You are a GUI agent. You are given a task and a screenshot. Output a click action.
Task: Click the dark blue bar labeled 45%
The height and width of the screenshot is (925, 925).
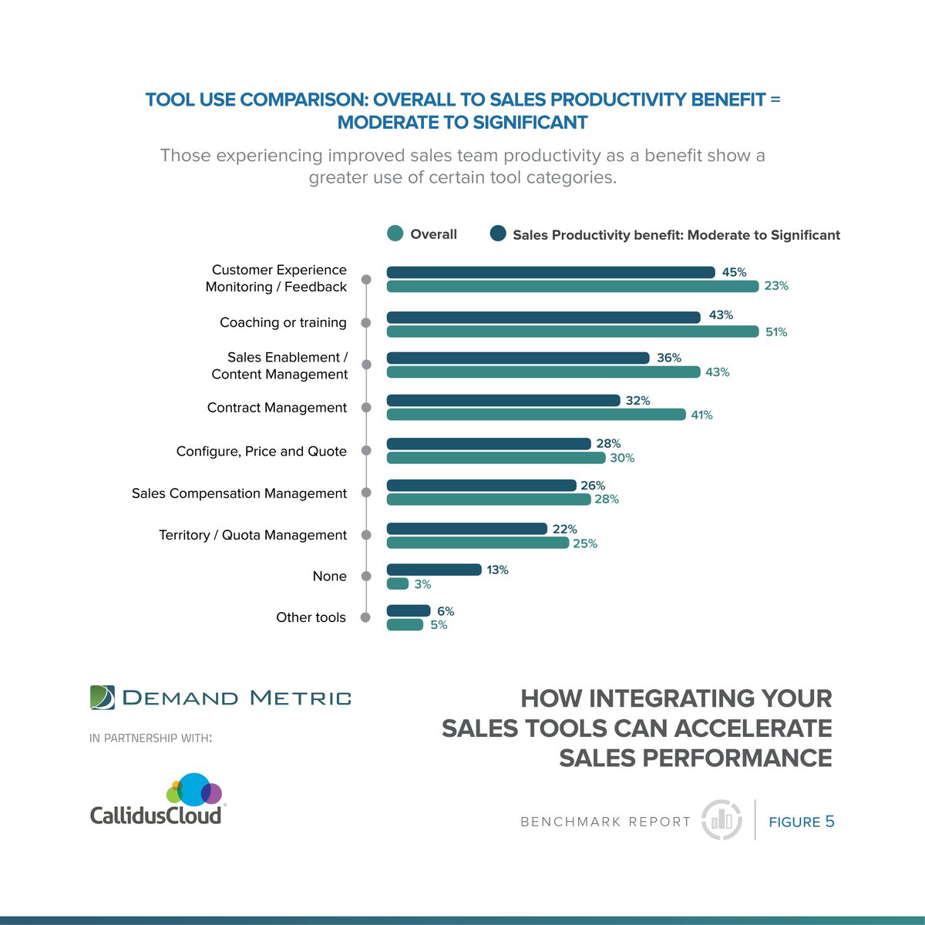pyautogui.click(x=550, y=272)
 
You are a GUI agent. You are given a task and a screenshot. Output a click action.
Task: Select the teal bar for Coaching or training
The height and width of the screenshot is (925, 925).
pyautogui.click(x=572, y=331)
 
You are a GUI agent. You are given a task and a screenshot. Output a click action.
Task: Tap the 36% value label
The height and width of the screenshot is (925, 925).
pyautogui.click(x=669, y=358)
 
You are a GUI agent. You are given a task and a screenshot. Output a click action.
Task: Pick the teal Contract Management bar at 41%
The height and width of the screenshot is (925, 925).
pyautogui.click(x=536, y=415)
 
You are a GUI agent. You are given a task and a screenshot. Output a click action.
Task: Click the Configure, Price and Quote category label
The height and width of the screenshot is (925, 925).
pyautogui.click(x=261, y=451)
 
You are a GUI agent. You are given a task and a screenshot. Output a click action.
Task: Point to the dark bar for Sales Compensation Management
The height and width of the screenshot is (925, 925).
pyautogui.click(x=481, y=486)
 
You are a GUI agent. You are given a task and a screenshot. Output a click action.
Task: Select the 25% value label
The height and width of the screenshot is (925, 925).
pyautogui.click(x=585, y=543)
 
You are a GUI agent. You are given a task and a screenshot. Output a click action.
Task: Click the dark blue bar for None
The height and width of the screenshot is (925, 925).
pyautogui.click(x=433, y=570)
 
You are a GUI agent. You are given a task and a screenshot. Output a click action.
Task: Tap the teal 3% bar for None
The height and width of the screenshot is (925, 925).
pyautogui.click(x=397, y=584)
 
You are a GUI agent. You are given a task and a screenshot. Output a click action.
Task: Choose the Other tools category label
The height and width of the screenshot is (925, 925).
pyautogui.click(x=311, y=617)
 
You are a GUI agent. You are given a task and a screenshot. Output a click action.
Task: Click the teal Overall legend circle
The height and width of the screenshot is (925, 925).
pyautogui.click(x=395, y=234)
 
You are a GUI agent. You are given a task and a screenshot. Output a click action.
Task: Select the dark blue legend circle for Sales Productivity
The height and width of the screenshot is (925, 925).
pyautogui.click(x=498, y=234)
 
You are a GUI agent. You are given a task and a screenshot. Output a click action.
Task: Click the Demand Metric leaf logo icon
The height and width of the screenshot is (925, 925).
pyautogui.click(x=102, y=697)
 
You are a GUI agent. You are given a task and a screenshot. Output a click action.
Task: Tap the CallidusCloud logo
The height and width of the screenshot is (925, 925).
pyautogui.click(x=156, y=800)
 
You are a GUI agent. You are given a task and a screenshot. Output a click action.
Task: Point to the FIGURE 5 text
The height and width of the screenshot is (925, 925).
pyautogui.click(x=802, y=822)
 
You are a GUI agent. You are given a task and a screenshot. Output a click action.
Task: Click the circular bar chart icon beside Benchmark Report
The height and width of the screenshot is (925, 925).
pyautogui.click(x=721, y=819)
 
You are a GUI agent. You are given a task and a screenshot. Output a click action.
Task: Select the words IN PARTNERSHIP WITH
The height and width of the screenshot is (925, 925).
pyautogui.click(x=150, y=738)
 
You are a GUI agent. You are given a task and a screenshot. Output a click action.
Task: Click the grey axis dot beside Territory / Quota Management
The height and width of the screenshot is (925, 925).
pyautogui.click(x=366, y=535)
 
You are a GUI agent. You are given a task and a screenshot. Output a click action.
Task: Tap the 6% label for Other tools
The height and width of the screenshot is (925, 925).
pyautogui.click(x=446, y=611)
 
